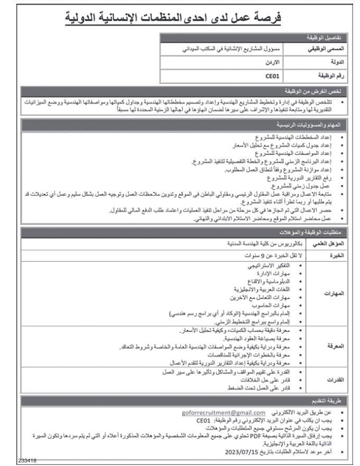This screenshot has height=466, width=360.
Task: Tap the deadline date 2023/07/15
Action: click(241, 452)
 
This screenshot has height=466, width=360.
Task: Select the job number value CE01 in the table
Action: click(272, 76)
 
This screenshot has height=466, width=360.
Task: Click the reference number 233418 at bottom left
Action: click(12, 461)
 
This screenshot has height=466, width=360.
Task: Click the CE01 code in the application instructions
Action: click(204, 421)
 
